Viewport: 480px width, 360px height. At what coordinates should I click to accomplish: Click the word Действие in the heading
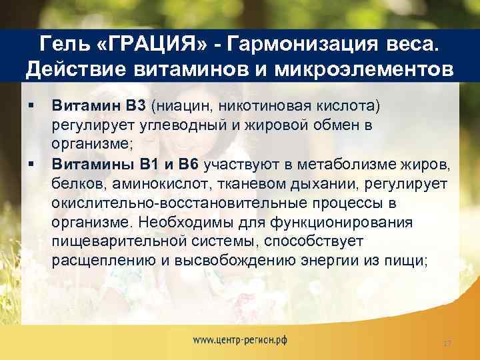click(75, 69)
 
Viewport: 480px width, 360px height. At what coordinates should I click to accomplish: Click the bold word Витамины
click(86, 162)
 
